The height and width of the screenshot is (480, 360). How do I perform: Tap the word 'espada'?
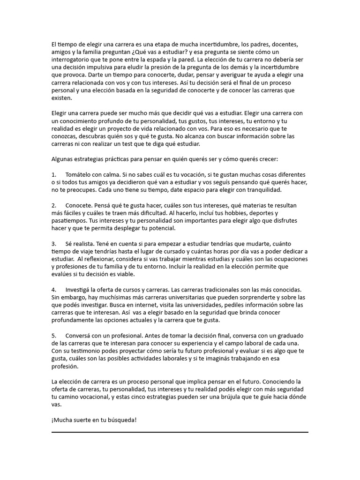164,60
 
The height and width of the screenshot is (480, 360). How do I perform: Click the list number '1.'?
54,174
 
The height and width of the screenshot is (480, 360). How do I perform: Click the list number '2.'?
54,205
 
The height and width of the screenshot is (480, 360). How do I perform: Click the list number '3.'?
54,244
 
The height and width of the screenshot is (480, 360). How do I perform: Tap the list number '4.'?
54,290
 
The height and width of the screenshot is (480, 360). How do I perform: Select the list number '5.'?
54,336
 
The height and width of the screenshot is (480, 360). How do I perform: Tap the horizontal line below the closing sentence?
180,432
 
